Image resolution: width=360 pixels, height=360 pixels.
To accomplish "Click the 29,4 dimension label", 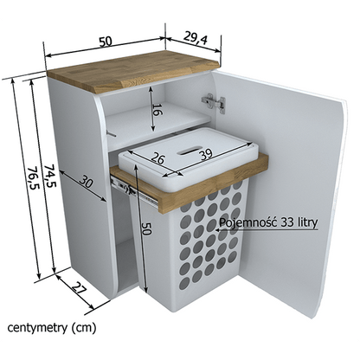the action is [x=196, y=39].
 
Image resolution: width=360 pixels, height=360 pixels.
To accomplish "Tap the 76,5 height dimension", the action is [x=33, y=179].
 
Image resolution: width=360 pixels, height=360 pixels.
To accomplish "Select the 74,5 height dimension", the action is [x=48, y=176].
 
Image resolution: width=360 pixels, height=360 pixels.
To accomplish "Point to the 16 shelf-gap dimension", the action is [x=157, y=110].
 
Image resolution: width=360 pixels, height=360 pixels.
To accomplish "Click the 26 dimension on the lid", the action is [x=157, y=160].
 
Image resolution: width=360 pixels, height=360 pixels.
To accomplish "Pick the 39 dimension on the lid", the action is [x=206, y=154].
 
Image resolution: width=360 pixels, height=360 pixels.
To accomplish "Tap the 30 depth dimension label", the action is [x=86, y=182].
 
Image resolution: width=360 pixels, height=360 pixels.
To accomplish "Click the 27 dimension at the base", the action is [x=79, y=289].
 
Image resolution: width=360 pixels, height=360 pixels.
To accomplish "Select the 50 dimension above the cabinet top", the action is [x=106, y=42].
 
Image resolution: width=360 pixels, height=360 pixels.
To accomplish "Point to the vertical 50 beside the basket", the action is [x=146, y=228].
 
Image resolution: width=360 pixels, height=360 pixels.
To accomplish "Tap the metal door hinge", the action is [x=214, y=103].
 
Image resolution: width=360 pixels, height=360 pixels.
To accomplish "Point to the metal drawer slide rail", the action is [x=134, y=191].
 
